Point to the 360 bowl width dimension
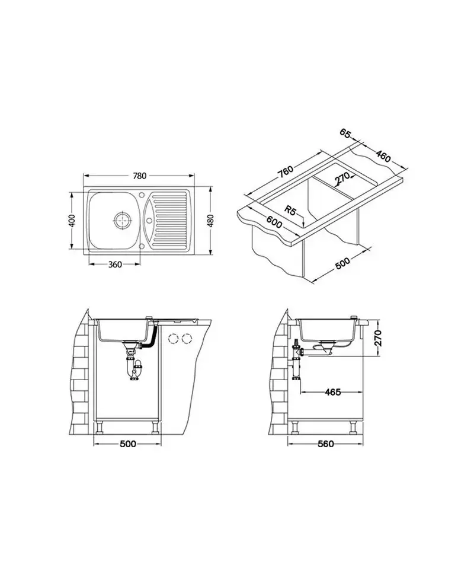pos(116,264)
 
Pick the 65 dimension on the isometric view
pos(345,133)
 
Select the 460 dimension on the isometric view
pos(383,155)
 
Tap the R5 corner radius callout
pos(290,211)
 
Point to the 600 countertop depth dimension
pos(274,222)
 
